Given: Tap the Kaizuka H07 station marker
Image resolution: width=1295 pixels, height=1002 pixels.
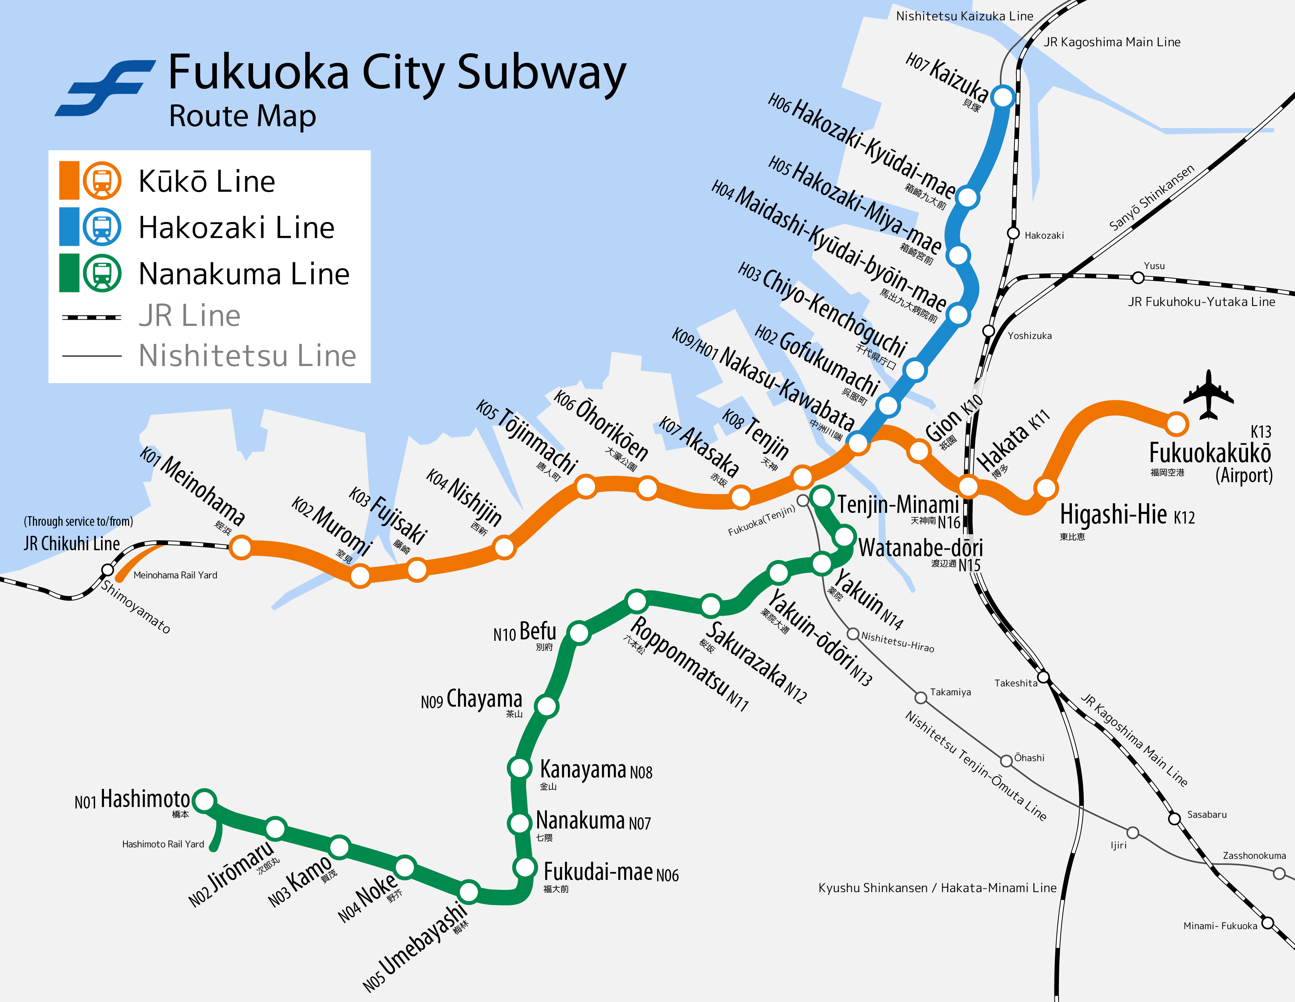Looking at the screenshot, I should [x=1003, y=97].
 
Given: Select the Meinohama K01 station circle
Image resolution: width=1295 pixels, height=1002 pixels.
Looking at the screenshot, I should [x=241, y=547].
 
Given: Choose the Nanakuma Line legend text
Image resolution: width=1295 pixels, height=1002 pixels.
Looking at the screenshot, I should [x=244, y=274].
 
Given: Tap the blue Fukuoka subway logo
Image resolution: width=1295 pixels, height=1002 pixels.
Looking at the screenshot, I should [x=105, y=88].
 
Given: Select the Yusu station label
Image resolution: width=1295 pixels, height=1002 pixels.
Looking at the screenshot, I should [x=1154, y=266].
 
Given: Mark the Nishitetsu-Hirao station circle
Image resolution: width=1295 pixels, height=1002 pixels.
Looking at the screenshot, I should [x=852, y=634].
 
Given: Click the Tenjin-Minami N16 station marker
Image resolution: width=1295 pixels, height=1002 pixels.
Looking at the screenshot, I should [x=822, y=497].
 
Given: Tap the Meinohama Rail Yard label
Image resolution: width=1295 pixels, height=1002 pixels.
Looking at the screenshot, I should [x=175, y=575].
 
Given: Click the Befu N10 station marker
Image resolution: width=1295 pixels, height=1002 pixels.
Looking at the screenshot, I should [x=579, y=633].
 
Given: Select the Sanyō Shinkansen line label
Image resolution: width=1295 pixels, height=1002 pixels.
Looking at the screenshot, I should [x=1151, y=198].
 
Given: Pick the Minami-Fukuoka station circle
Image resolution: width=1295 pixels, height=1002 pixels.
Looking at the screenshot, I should [x=1268, y=923].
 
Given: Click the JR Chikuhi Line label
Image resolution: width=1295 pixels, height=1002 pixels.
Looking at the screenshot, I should [x=72, y=544].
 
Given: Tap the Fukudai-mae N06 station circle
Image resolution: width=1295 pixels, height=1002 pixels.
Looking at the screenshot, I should [x=525, y=867].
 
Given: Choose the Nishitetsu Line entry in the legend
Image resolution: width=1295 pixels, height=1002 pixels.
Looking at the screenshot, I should [x=247, y=356].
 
